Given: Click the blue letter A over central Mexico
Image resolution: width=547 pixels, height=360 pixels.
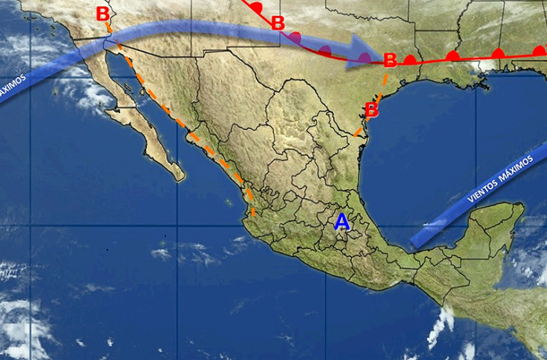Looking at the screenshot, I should tap(342, 222).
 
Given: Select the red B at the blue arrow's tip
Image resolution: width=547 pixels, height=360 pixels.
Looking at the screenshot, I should tap(389, 60).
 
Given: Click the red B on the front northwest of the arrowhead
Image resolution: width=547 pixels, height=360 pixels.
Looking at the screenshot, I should tap(277, 23).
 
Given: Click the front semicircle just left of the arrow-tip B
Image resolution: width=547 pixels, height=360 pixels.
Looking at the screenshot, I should tap(365, 58).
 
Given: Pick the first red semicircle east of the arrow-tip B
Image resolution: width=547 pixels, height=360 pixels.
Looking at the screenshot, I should tap(410, 60).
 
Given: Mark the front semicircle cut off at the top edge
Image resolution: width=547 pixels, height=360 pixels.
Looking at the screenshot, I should tap(255, 6).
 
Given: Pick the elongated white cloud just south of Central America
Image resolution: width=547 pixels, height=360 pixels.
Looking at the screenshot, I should tap(441, 325).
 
